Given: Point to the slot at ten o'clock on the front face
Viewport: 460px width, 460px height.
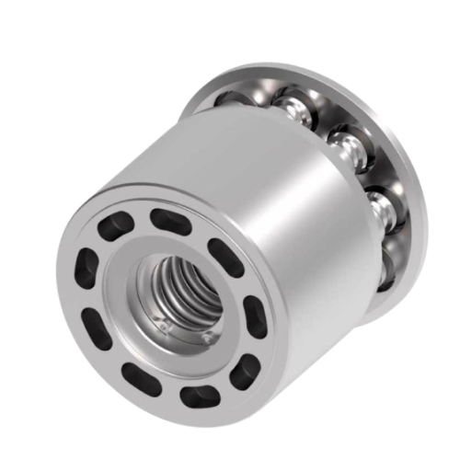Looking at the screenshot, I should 87,266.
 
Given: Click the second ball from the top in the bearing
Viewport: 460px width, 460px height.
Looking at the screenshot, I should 344,142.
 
